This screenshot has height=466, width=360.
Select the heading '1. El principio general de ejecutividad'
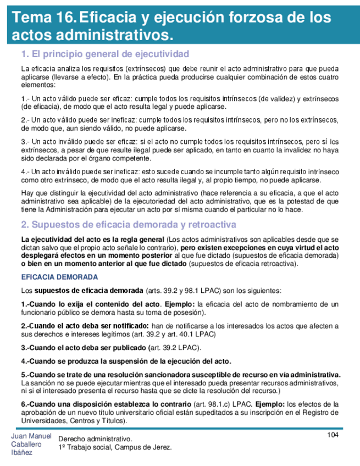[104, 54]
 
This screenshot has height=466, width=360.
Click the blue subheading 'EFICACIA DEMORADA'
[59, 276]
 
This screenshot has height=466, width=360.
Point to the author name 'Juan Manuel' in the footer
[31, 436]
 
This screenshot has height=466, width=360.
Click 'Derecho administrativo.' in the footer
[95, 439]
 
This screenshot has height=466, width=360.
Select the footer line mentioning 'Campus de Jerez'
[115, 447]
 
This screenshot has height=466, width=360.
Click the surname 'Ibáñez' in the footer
[21, 452]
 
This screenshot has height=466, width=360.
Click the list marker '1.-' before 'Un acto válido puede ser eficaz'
[26, 99]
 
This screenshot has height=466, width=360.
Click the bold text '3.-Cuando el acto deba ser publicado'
[85, 347]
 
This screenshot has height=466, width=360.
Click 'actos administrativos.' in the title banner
[87, 36]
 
